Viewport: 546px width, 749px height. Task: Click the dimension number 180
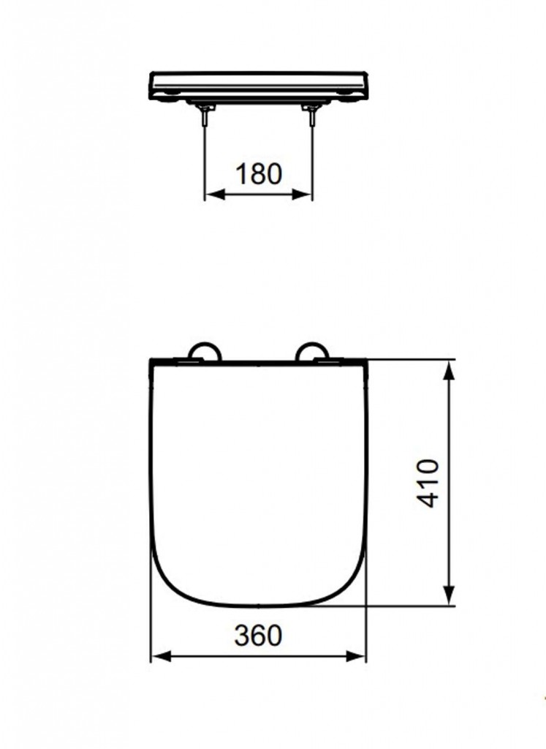259,174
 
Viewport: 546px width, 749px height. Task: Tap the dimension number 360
258,636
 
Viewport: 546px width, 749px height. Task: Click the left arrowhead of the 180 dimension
215,194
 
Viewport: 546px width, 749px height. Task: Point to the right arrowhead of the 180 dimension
302,194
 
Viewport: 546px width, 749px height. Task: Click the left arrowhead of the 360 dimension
161,656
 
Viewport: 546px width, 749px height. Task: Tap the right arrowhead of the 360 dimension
356,656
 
